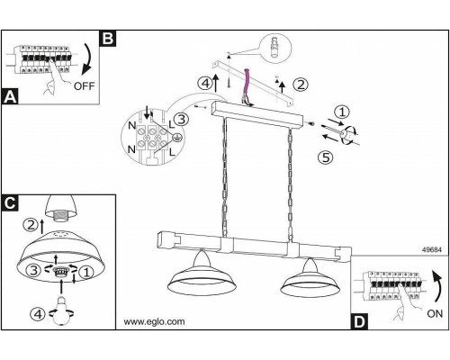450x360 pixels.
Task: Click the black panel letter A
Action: point(10,96)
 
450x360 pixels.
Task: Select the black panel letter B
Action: point(108,39)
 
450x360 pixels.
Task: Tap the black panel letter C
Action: point(10,203)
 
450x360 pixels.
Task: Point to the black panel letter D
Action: point(359,322)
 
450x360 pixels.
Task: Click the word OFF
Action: point(84,86)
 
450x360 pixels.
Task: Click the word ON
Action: point(435,314)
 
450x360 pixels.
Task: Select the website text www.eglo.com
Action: point(154,321)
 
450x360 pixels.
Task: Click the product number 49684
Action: point(432,249)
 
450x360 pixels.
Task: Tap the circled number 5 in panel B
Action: point(326,157)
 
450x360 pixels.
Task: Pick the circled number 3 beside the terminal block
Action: point(181,119)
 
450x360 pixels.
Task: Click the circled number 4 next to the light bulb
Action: point(38,314)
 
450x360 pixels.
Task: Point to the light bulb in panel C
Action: point(61,310)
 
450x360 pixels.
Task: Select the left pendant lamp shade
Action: point(202,275)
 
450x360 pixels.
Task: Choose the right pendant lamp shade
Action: point(310,278)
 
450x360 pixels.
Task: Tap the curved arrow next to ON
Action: point(438,286)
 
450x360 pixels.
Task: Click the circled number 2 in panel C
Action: point(31,225)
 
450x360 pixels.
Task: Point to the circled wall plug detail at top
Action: point(276,48)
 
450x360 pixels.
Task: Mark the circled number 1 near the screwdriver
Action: point(342,112)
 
